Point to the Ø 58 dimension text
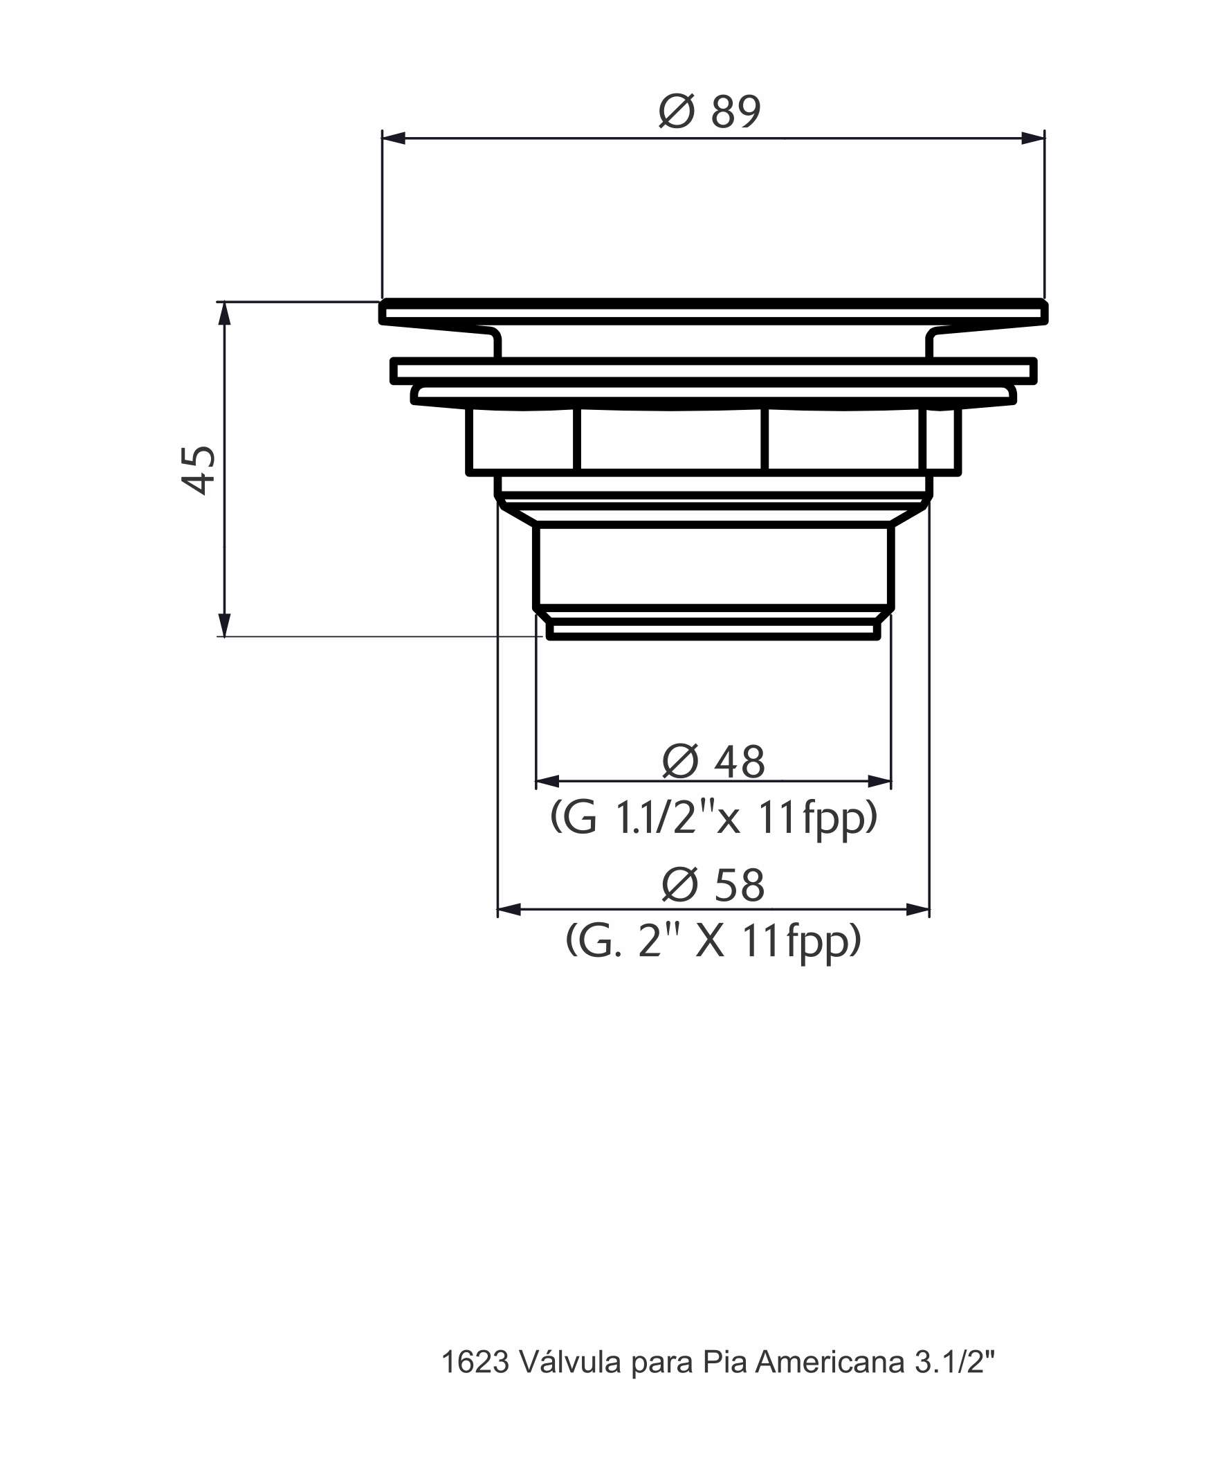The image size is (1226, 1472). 713,886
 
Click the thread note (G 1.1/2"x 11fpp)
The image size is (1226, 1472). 713,818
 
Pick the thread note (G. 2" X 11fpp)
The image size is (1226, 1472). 713,942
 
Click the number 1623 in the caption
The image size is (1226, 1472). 475,1363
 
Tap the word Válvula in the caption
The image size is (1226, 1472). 571,1363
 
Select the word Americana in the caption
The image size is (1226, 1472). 830,1363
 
